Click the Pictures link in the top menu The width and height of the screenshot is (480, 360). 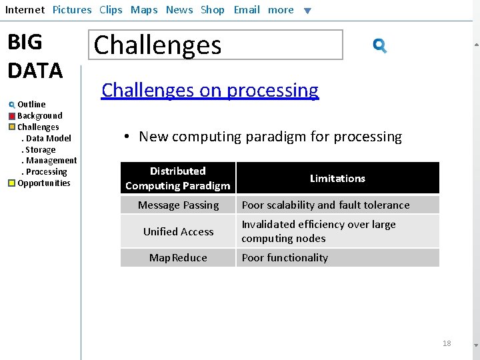point(72,10)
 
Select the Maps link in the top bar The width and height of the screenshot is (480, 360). point(144,10)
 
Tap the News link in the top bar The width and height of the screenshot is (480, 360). point(179,10)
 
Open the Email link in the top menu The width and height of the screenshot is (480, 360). point(247,10)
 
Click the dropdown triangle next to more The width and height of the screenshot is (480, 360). point(307,11)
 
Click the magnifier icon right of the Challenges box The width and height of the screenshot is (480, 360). point(380,45)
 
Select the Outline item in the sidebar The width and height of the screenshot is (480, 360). point(31,105)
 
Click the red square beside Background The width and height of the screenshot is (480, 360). point(12,116)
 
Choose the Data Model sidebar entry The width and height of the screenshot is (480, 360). point(48,139)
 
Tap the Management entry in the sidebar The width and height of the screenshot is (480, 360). point(51,161)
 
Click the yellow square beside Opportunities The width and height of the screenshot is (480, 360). point(12,183)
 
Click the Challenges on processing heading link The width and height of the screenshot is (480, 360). point(210,91)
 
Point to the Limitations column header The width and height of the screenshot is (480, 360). point(337,179)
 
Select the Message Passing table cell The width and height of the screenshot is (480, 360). point(178,205)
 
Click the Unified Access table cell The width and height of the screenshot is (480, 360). point(178,232)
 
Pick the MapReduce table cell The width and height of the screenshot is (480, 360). point(178,258)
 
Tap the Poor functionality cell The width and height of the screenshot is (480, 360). point(285,258)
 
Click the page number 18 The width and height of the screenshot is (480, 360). point(447,343)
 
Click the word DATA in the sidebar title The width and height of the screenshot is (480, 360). point(35,70)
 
